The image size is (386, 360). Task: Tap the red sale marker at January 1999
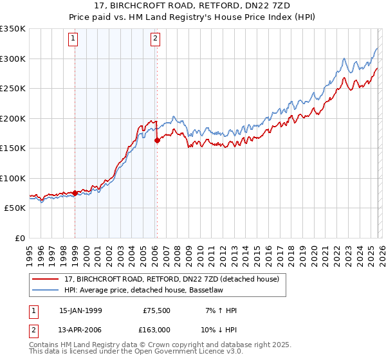75,193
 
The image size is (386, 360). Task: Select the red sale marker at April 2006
157,140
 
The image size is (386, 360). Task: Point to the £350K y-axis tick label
13,29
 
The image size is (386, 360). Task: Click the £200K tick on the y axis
13,118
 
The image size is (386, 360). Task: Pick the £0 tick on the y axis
19,238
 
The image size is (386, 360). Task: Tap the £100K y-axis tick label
13,178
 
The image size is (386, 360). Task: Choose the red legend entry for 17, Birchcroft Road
171,280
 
